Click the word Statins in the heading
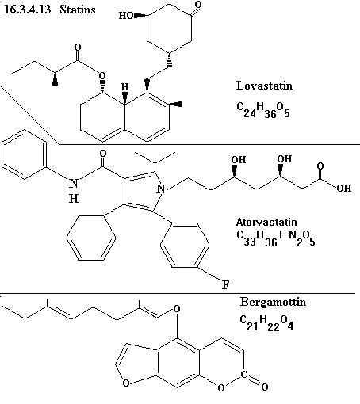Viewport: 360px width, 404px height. click(77, 10)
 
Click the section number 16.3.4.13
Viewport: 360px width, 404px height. click(28, 10)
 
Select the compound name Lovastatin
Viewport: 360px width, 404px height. click(264, 86)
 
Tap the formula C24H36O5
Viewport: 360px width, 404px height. click(263, 110)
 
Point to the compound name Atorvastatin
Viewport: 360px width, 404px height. click(266, 222)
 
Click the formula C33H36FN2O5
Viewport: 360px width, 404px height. click(276, 238)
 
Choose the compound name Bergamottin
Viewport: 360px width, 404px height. click(273, 302)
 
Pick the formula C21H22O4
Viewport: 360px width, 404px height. click(266, 322)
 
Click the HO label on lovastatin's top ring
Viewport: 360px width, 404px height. click(126, 16)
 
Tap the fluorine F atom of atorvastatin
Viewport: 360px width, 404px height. click(225, 285)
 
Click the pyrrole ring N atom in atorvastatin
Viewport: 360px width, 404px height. click(161, 189)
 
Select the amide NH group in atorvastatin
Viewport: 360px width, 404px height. click(74, 190)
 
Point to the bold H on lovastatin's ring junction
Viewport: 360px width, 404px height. click(124, 87)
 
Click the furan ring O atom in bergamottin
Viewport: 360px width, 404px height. click(126, 383)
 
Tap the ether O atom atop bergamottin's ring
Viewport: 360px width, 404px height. click(177, 309)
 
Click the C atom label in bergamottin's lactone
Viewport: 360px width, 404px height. click(243, 374)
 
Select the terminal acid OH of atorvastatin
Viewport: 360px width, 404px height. click(344, 188)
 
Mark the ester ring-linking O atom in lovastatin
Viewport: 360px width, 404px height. click(102, 76)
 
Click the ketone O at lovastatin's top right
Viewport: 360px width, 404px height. click(198, 5)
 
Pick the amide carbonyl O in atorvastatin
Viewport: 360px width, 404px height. click(103, 154)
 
